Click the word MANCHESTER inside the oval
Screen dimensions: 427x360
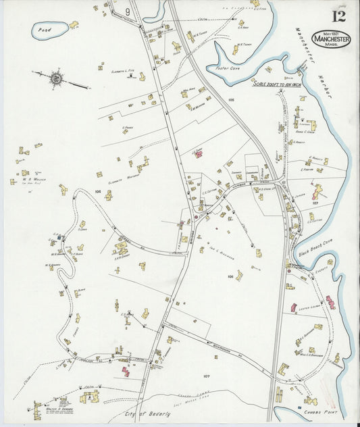click(x=331, y=39)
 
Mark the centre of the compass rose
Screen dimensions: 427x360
click(x=57, y=78)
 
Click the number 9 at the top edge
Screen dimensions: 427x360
click(x=128, y=12)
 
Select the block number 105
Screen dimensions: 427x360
click(x=231, y=99)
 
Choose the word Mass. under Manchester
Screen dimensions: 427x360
click(x=331, y=45)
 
